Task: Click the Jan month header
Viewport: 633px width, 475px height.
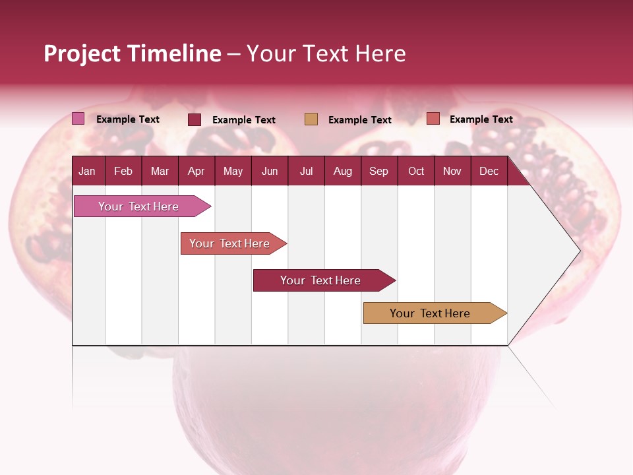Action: (x=87, y=172)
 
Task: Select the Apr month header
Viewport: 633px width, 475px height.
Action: (x=196, y=172)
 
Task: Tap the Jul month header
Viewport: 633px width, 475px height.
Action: (x=306, y=172)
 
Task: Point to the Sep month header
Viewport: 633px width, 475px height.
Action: (x=378, y=172)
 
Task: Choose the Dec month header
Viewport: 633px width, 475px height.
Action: (x=489, y=172)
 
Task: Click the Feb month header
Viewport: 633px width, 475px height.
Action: (x=123, y=172)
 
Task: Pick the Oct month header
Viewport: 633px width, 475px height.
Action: (x=416, y=172)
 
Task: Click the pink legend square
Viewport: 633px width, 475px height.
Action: (x=78, y=119)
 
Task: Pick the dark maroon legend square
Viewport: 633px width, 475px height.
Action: (x=195, y=119)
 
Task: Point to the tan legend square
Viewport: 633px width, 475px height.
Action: (x=311, y=119)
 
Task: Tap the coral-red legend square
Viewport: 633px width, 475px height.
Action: (x=433, y=119)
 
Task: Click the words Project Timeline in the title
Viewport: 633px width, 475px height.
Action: (x=132, y=53)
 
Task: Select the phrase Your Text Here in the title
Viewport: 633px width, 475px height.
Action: (x=326, y=53)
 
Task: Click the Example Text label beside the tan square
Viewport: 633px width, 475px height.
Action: (x=360, y=120)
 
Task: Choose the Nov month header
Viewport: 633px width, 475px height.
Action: (x=452, y=172)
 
